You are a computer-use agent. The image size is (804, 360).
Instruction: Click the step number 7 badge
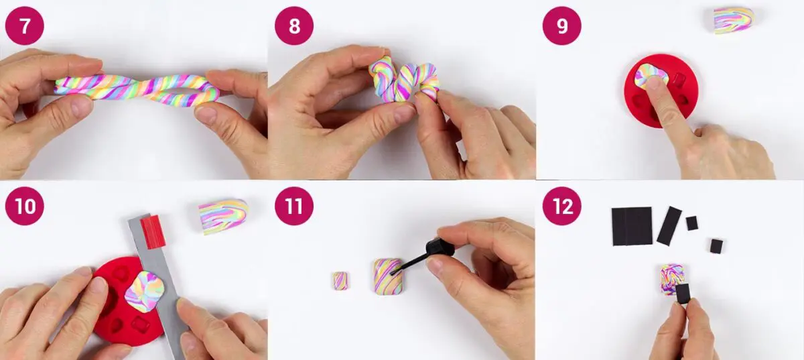(x=25, y=26)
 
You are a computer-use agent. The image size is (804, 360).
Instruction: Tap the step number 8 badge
(x=294, y=26)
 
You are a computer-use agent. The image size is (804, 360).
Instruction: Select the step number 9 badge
(x=561, y=26)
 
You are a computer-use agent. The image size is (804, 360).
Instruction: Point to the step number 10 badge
(x=25, y=206)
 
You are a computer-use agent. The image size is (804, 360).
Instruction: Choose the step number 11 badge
(x=294, y=206)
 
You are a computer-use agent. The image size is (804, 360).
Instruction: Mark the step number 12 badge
(x=561, y=206)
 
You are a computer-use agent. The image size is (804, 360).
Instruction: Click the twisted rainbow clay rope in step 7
(x=137, y=90)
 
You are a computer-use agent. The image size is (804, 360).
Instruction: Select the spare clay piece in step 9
(x=734, y=21)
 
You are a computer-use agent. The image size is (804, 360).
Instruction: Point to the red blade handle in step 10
(x=153, y=232)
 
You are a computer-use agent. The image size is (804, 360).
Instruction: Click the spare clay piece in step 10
(x=223, y=217)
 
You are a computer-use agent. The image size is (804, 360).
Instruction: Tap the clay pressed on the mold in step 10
(x=144, y=292)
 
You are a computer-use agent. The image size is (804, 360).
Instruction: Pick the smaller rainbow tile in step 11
(x=340, y=281)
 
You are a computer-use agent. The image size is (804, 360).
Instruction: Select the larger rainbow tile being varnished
(x=387, y=276)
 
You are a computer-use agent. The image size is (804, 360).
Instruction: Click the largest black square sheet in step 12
(x=632, y=226)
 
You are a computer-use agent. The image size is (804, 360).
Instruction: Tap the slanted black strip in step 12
(x=669, y=226)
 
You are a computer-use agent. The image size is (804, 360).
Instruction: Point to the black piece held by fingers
(x=683, y=294)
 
